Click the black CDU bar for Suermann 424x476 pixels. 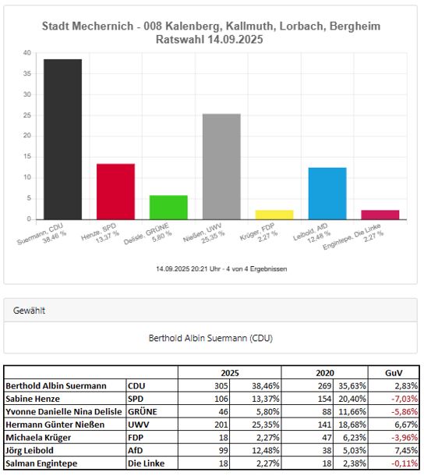coord(63,140)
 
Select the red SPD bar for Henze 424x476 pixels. coord(115,191)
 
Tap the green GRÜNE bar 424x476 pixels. coord(168,208)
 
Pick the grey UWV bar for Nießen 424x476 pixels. coord(221,167)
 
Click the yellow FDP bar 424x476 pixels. coord(274,215)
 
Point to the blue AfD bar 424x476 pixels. coord(327,194)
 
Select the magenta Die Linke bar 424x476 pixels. coord(380,215)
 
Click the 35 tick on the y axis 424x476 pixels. coord(27,74)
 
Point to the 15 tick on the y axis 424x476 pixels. coord(27,157)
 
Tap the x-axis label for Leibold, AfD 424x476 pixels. coord(312,234)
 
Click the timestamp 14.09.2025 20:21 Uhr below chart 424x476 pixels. coord(188,269)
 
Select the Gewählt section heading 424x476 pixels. coord(29,311)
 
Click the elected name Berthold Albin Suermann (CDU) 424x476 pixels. coord(210,338)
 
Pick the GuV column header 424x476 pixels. coord(394,373)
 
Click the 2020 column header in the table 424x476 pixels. coord(325,373)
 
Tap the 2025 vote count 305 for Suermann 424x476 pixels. coord(221,385)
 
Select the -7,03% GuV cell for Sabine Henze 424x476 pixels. coord(405,399)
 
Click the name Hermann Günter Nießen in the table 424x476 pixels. coord(55,424)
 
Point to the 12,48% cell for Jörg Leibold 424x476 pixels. coord(266,450)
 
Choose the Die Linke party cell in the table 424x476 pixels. coord(147,464)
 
